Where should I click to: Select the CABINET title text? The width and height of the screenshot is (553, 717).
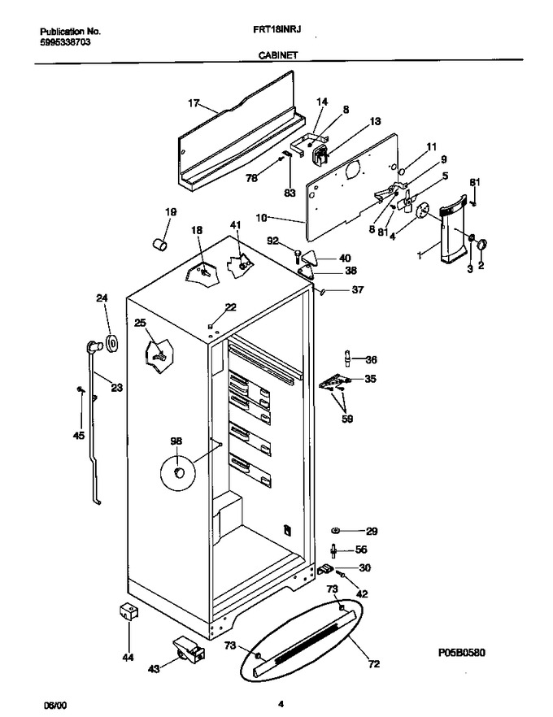[x=278, y=55]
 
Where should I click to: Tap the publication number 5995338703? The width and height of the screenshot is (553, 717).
[x=65, y=42]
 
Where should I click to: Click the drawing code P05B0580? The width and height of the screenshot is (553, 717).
[x=462, y=652]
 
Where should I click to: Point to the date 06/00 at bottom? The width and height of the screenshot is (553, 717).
[x=54, y=705]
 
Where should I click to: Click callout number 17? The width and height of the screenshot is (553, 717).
[x=194, y=103]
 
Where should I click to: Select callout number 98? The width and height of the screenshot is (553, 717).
[x=176, y=441]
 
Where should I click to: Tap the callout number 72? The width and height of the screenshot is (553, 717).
[x=374, y=663]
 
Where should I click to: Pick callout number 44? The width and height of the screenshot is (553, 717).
[x=128, y=657]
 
